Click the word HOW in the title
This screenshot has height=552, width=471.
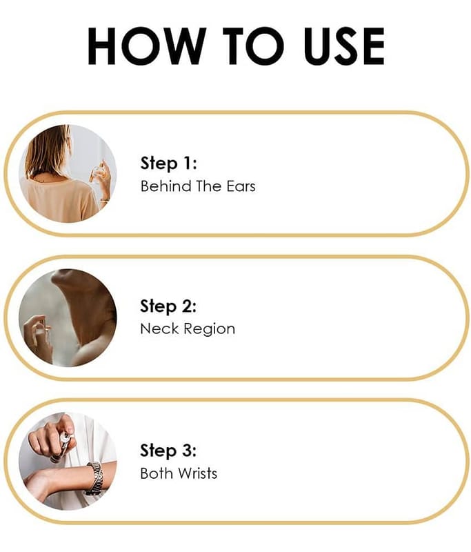coord(148,46)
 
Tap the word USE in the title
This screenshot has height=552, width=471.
coord(343,46)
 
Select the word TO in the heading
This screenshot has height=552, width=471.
coord(253,46)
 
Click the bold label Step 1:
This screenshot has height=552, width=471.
coord(168,164)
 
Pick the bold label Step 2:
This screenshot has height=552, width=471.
coord(168,306)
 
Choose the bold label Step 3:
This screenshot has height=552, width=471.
coord(168,451)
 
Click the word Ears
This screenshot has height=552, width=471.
coord(241,186)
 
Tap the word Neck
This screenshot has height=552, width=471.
coord(159,329)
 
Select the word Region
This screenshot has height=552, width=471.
coord(209,330)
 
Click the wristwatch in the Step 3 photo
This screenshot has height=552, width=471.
coord(95,479)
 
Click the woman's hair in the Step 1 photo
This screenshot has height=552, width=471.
coord(48,151)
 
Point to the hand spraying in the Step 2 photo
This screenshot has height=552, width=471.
coord(38,338)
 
